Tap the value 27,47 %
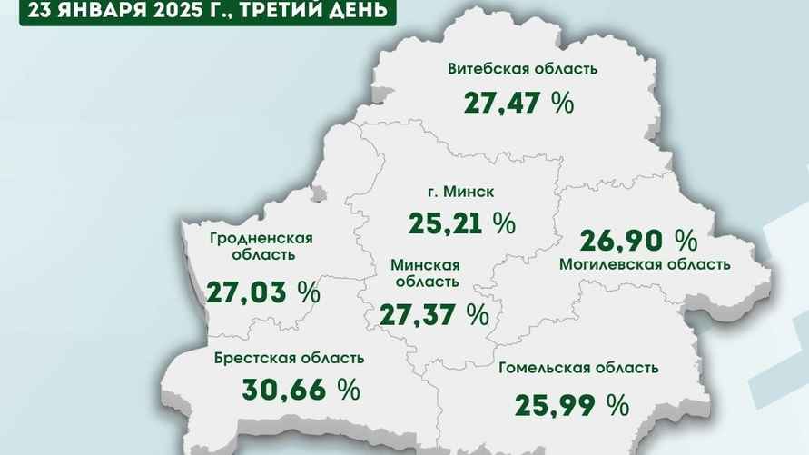pyautogui.click(x=518, y=103)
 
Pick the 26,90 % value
pyautogui.click(x=637, y=241)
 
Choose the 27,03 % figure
pyautogui.click(x=262, y=292)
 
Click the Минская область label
pyautogui.click(x=425, y=273)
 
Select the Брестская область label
pyautogui.click(x=290, y=358)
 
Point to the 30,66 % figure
pyautogui.click(x=301, y=390)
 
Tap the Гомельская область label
pyautogui.click(x=578, y=368)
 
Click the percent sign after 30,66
pyautogui.click(x=348, y=390)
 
